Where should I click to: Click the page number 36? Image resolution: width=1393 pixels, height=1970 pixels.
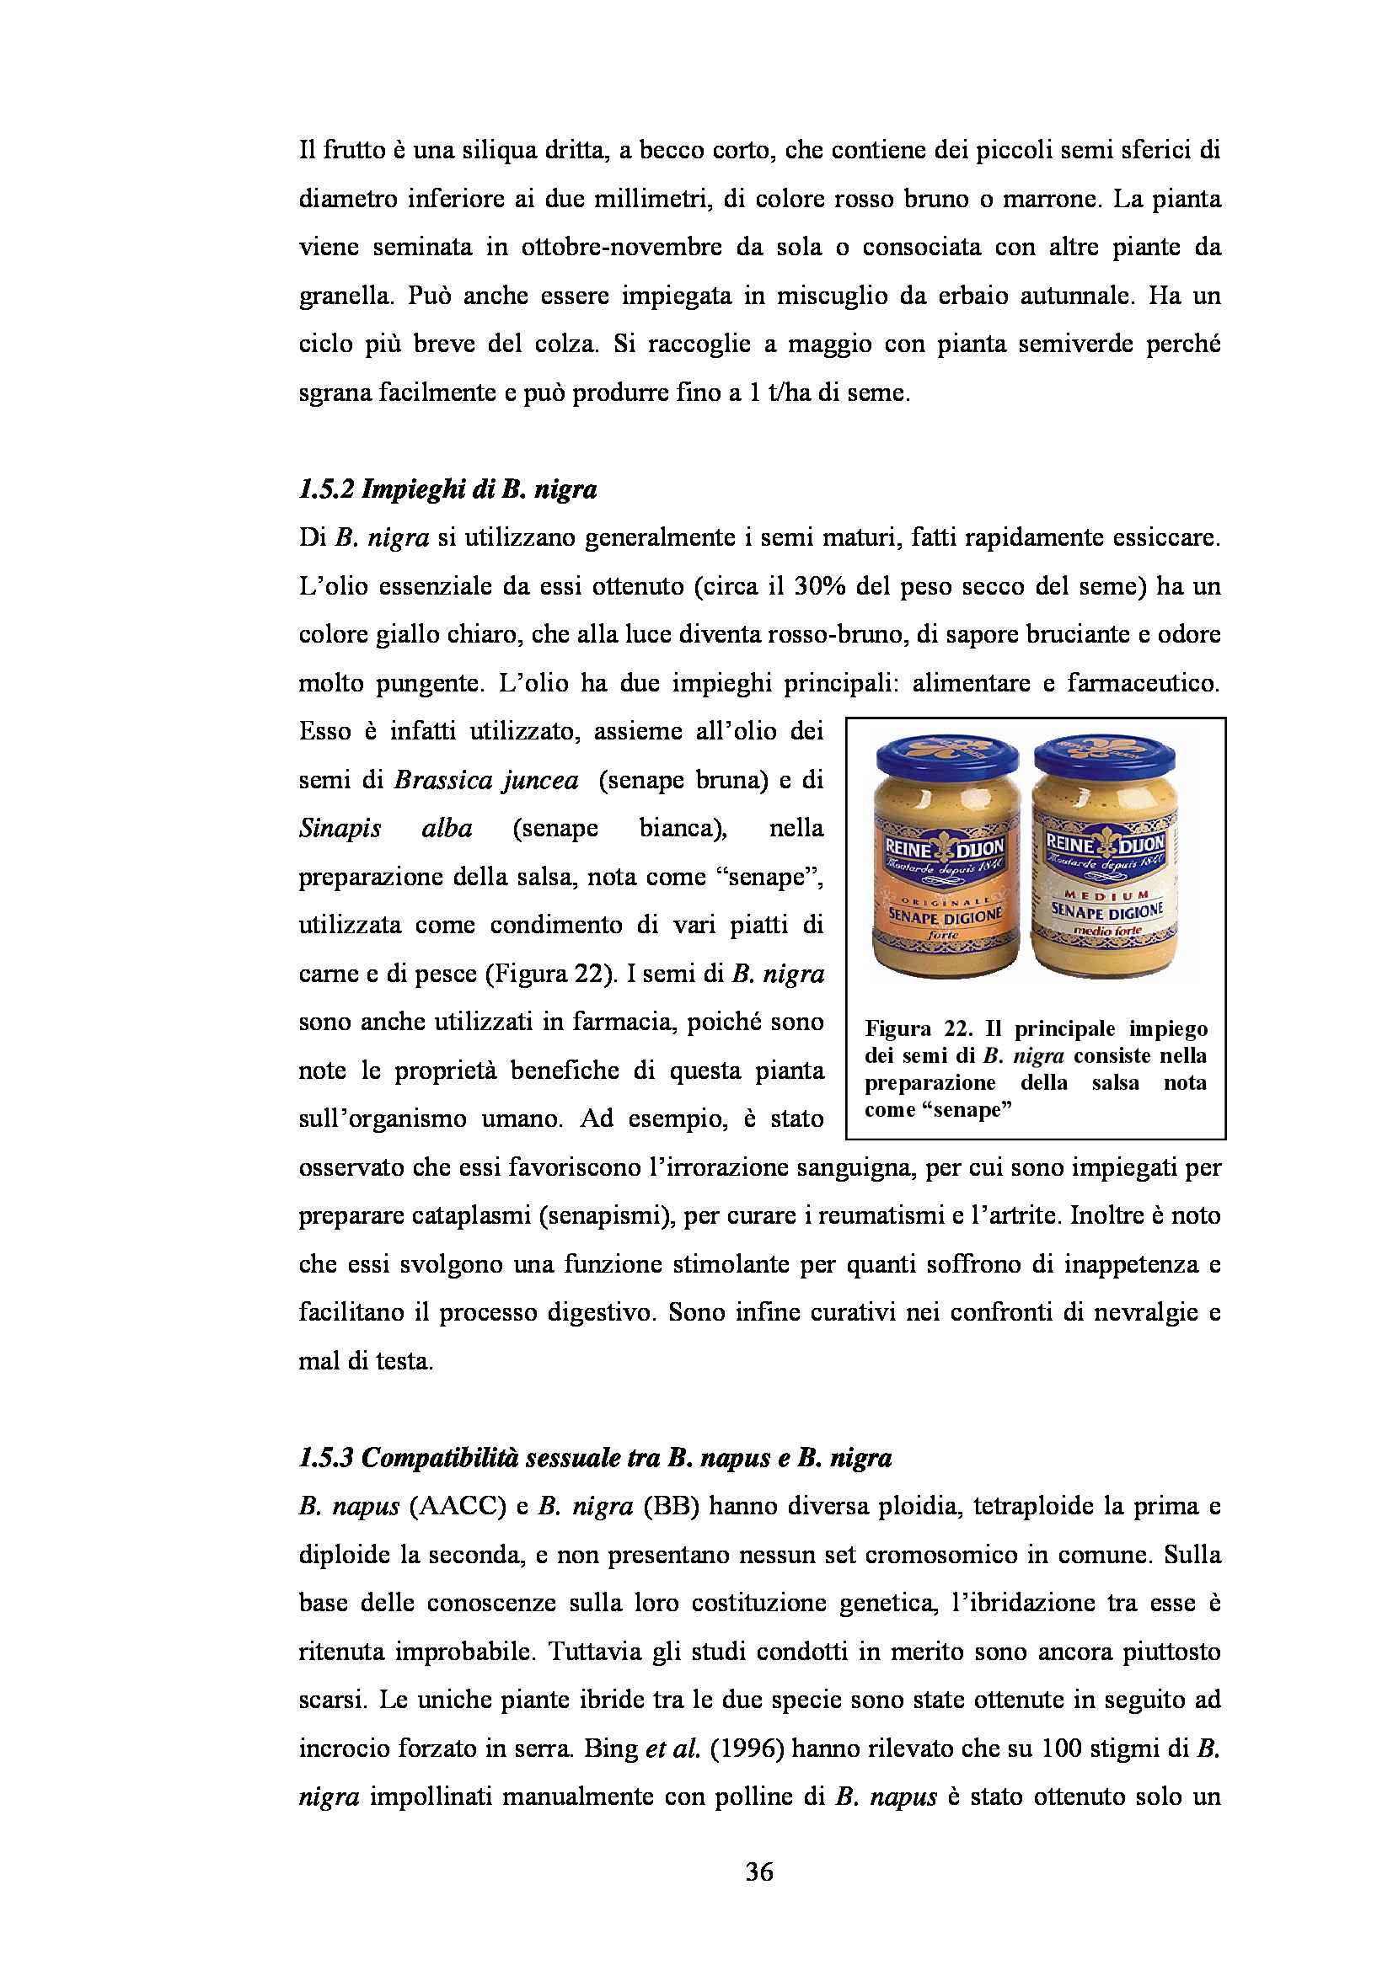759,1871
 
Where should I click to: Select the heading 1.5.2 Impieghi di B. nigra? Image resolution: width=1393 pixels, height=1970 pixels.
447,490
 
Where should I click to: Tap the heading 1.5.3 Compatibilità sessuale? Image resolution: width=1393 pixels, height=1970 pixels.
595,1458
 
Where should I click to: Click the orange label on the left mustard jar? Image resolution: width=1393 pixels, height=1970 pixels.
945,884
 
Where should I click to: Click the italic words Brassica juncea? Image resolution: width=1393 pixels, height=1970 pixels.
485,781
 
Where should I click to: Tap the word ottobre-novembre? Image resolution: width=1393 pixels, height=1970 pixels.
621,248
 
